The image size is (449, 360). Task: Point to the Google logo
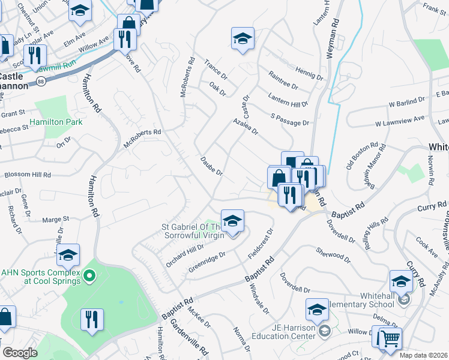coord(20,353)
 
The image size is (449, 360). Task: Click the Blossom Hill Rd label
coord(28,175)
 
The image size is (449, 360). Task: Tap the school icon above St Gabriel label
coord(232,220)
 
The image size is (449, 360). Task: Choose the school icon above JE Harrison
coord(317,309)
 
